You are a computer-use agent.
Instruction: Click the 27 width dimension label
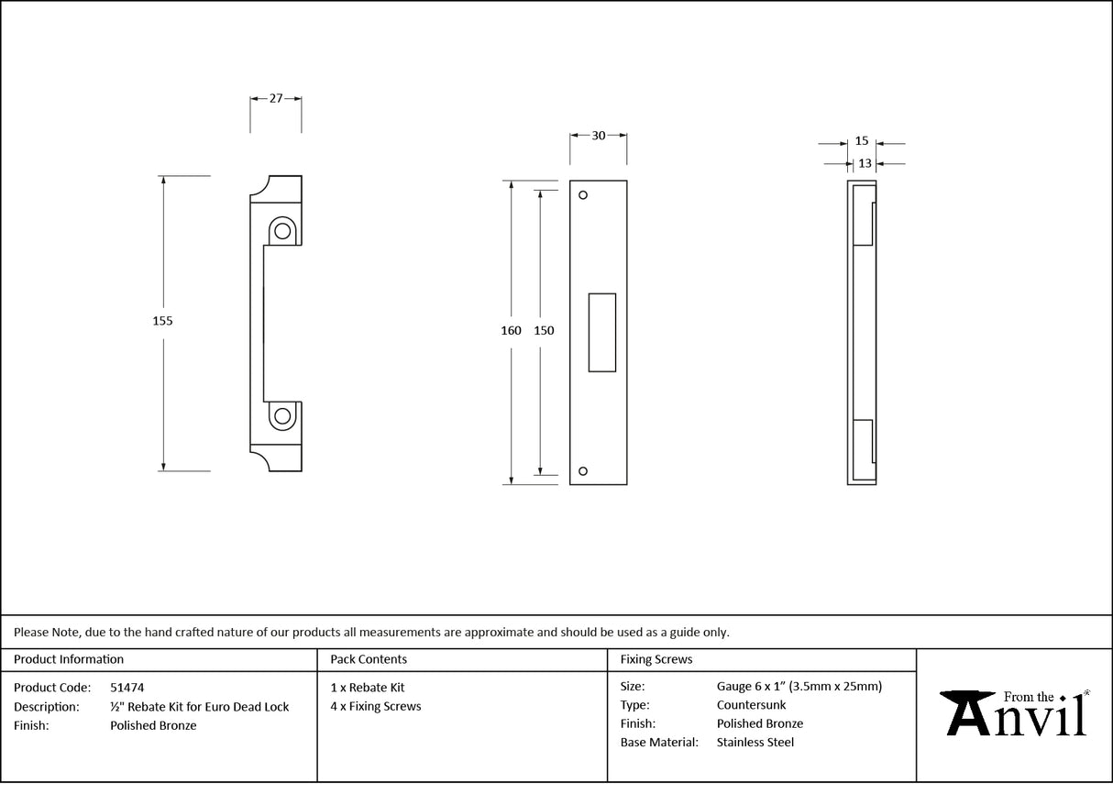click(275, 99)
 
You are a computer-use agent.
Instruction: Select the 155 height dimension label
click(162, 321)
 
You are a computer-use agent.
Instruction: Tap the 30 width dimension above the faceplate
click(598, 136)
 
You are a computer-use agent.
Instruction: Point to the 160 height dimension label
click(511, 331)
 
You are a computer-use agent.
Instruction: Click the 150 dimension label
click(544, 331)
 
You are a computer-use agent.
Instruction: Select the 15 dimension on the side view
click(861, 141)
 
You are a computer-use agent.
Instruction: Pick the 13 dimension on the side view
click(865, 164)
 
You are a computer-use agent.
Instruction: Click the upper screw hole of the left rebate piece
click(282, 230)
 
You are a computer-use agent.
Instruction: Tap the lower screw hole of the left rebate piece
click(282, 416)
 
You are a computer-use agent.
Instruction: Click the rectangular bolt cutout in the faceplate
click(601, 332)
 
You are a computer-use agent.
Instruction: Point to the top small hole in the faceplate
click(582, 195)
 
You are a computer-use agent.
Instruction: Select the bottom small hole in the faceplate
click(582, 471)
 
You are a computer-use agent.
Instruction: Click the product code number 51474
click(127, 688)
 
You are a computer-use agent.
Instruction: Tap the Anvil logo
click(1015, 713)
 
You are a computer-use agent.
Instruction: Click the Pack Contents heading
click(369, 659)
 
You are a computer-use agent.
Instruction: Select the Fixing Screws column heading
click(656, 659)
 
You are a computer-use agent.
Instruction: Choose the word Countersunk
click(751, 705)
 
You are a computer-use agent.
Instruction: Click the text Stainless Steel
click(755, 743)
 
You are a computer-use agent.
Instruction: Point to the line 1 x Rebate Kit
click(368, 688)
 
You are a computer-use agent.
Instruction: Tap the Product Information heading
click(69, 659)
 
